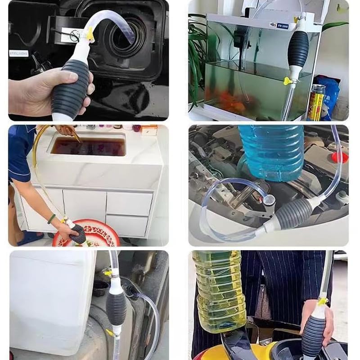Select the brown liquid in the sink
tap(88, 146)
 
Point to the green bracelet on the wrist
tap(52, 219)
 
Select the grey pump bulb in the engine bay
tap(295, 213)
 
